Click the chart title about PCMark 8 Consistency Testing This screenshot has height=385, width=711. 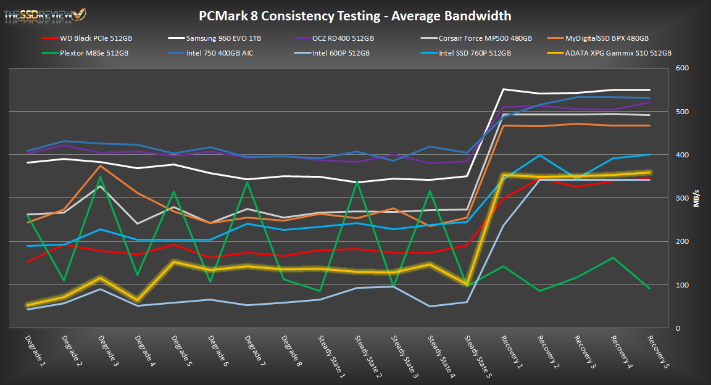(355, 15)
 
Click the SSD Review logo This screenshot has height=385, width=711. (44, 14)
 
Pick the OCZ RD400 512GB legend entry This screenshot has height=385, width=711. (343, 38)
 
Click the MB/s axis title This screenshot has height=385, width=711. (697, 198)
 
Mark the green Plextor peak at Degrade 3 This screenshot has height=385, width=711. (100, 177)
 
